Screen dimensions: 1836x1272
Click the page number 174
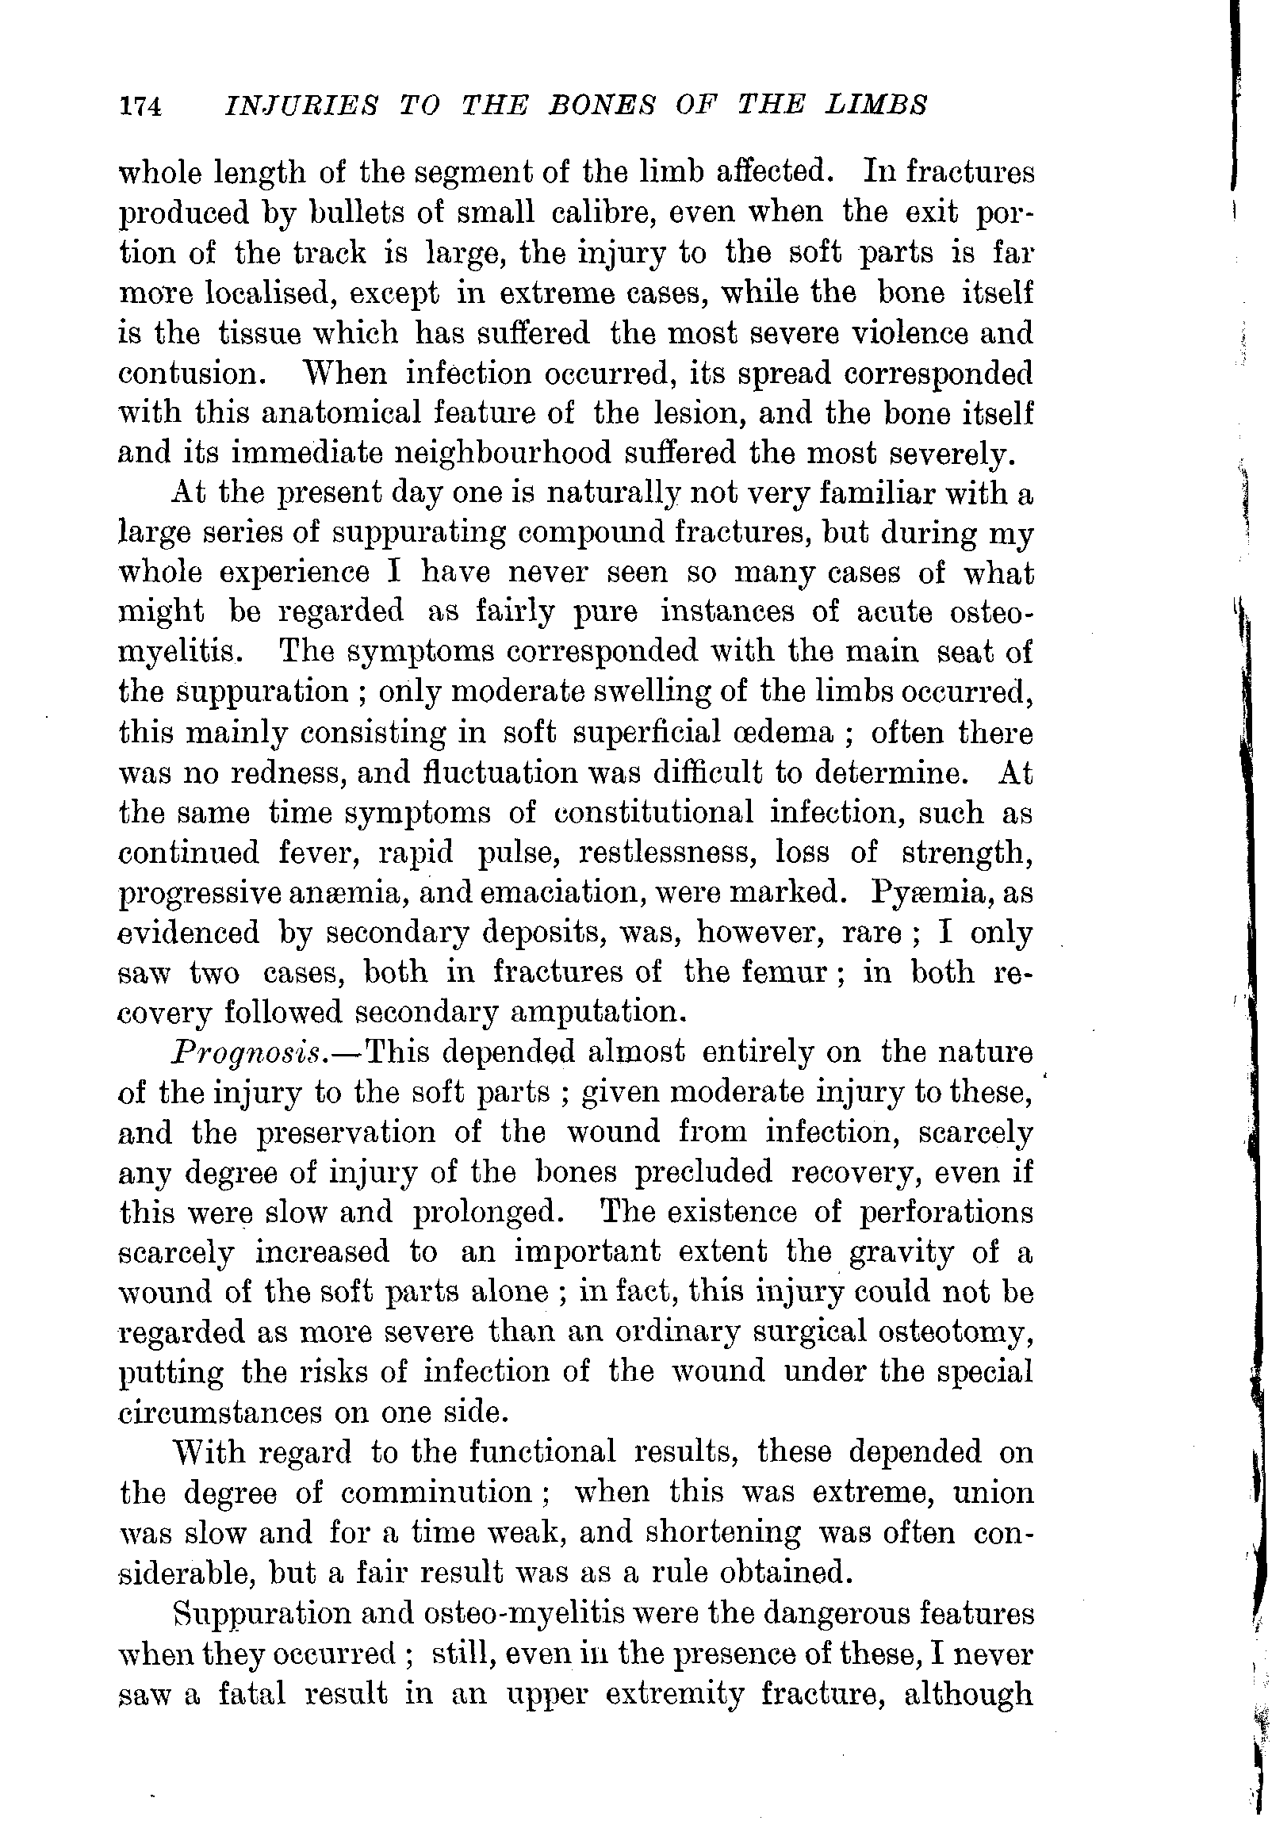click(140, 106)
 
